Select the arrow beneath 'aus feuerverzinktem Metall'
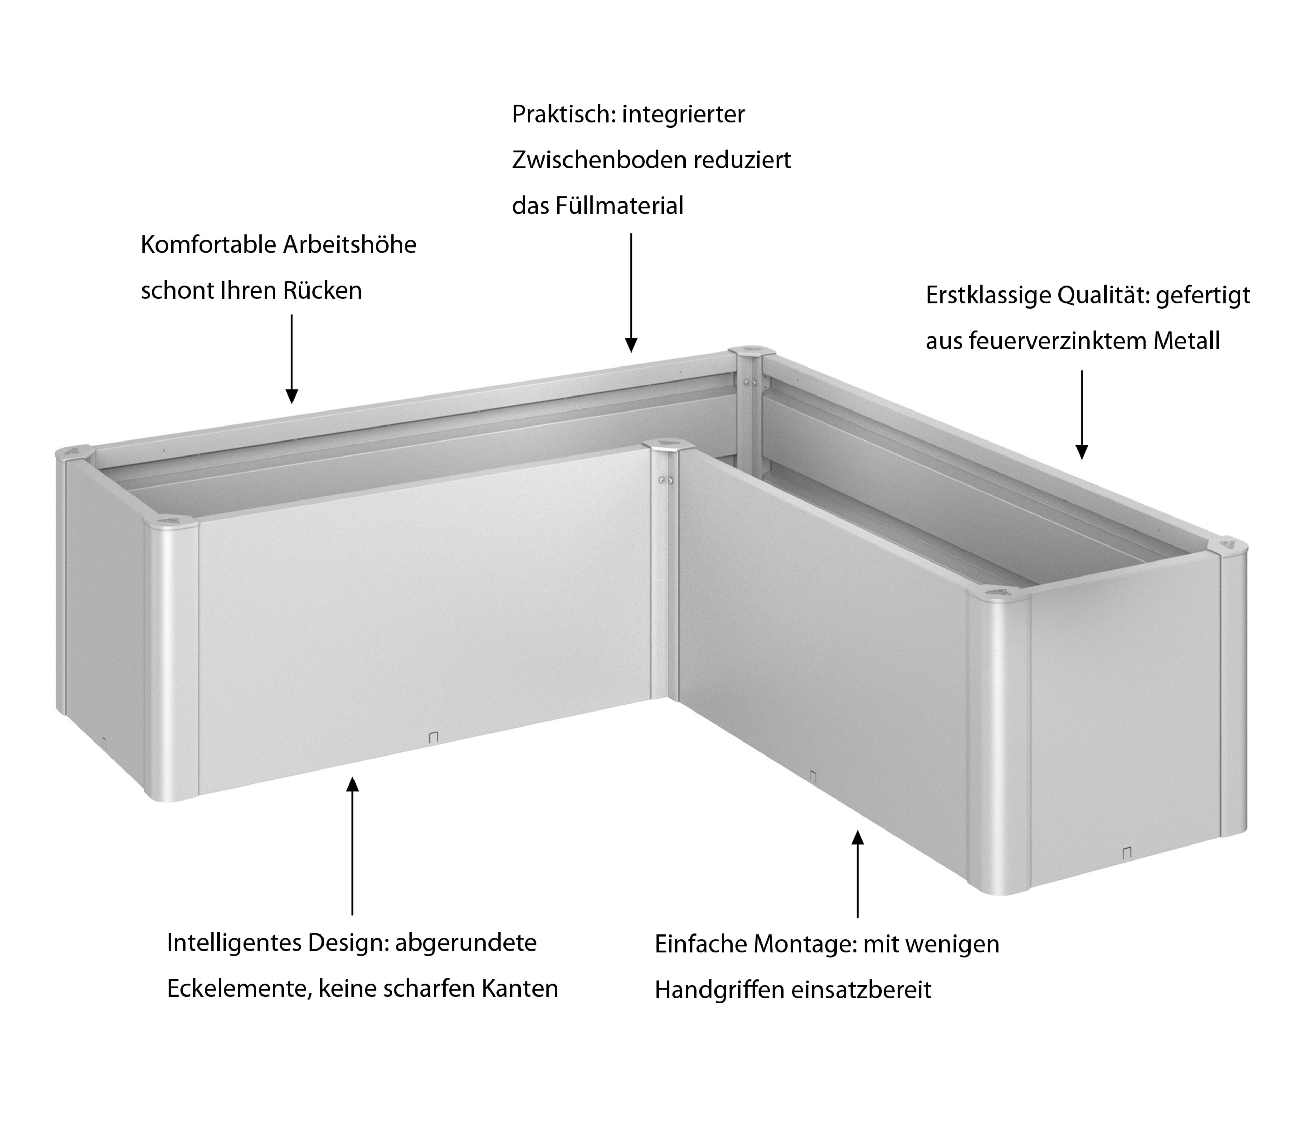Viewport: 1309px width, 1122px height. pyautogui.click(x=1082, y=415)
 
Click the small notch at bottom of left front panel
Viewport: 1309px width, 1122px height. pyautogui.click(x=433, y=737)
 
